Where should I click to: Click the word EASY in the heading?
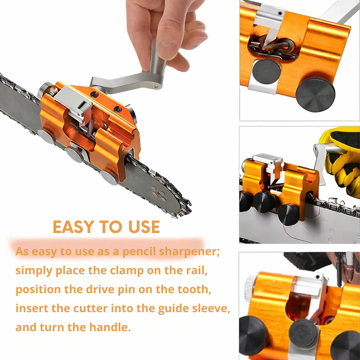tap(74, 227)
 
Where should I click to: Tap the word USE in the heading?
tap(144, 227)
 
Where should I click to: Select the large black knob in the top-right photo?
tap(315, 94)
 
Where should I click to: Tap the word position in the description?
tap(38, 290)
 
